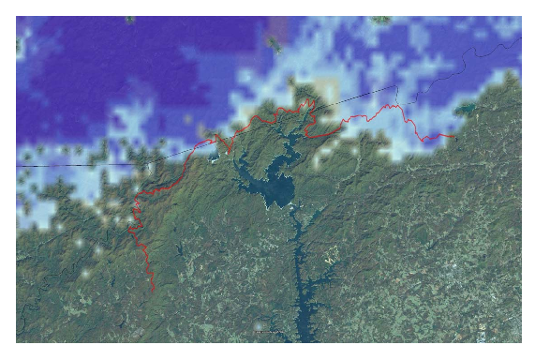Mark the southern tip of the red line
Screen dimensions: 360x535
154,292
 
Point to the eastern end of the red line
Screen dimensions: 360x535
456,136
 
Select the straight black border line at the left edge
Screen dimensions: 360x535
56,166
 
